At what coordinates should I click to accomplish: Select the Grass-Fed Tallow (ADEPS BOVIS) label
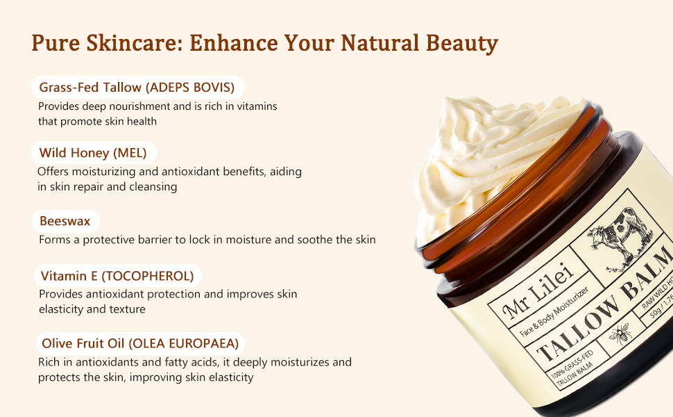click(137, 88)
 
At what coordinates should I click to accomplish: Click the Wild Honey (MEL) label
click(93, 153)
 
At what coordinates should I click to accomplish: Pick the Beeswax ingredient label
click(65, 221)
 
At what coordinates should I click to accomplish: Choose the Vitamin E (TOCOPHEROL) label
click(117, 275)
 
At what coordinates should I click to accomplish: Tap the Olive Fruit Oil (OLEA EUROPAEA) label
click(140, 343)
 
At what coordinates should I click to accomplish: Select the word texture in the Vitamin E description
click(128, 309)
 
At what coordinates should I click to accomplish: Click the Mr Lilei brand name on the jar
click(539, 291)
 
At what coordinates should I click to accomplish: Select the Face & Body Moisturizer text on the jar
click(554, 312)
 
